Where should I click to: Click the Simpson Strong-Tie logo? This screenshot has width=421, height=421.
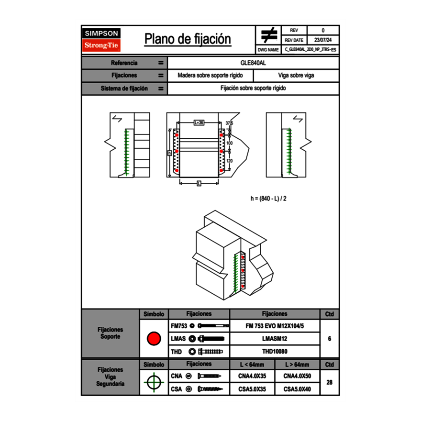[101, 40]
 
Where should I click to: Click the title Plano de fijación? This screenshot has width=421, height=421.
[188, 39]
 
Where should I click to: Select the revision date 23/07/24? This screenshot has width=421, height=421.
[323, 40]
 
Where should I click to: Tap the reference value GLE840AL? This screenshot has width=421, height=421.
[253, 63]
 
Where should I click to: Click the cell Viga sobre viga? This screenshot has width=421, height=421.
[296, 76]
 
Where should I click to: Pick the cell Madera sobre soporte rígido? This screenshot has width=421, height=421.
[210, 76]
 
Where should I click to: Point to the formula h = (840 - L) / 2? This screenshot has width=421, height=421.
[268, 199]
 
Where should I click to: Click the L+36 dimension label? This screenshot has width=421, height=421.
[199, 122]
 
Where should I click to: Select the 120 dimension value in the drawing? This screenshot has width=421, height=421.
[230, 161]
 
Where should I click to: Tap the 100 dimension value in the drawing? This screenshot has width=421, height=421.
[230, 143]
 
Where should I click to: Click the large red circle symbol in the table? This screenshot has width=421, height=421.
[154, 339]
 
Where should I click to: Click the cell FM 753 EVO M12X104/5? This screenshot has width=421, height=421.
[275, 326]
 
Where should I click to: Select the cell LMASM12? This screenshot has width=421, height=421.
[275, 339]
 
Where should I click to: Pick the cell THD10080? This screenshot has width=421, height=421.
[275, 352]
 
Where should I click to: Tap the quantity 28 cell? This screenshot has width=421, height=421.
[329, 382]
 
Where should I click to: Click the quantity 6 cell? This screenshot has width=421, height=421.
[329, 339]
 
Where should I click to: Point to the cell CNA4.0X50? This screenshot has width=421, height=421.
[297, 376]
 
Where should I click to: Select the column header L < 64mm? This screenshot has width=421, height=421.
[252, 365]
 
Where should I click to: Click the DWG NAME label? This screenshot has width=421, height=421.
[268, 49]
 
